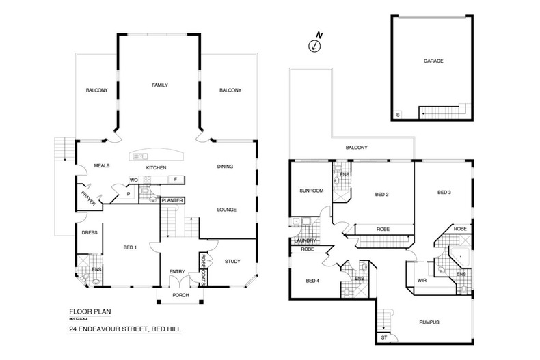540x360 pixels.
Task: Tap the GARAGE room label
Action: coord(433,61)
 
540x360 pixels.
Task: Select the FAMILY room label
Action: coord(159,85)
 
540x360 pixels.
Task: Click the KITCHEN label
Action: coord(157,167)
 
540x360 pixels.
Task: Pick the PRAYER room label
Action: coord(85,200)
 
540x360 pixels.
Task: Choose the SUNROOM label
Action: coord(311,191)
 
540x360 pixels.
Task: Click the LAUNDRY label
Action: coord(303,240)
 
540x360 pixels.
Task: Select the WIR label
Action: coord(421,280)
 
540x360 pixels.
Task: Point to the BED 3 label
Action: coord(444,193)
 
